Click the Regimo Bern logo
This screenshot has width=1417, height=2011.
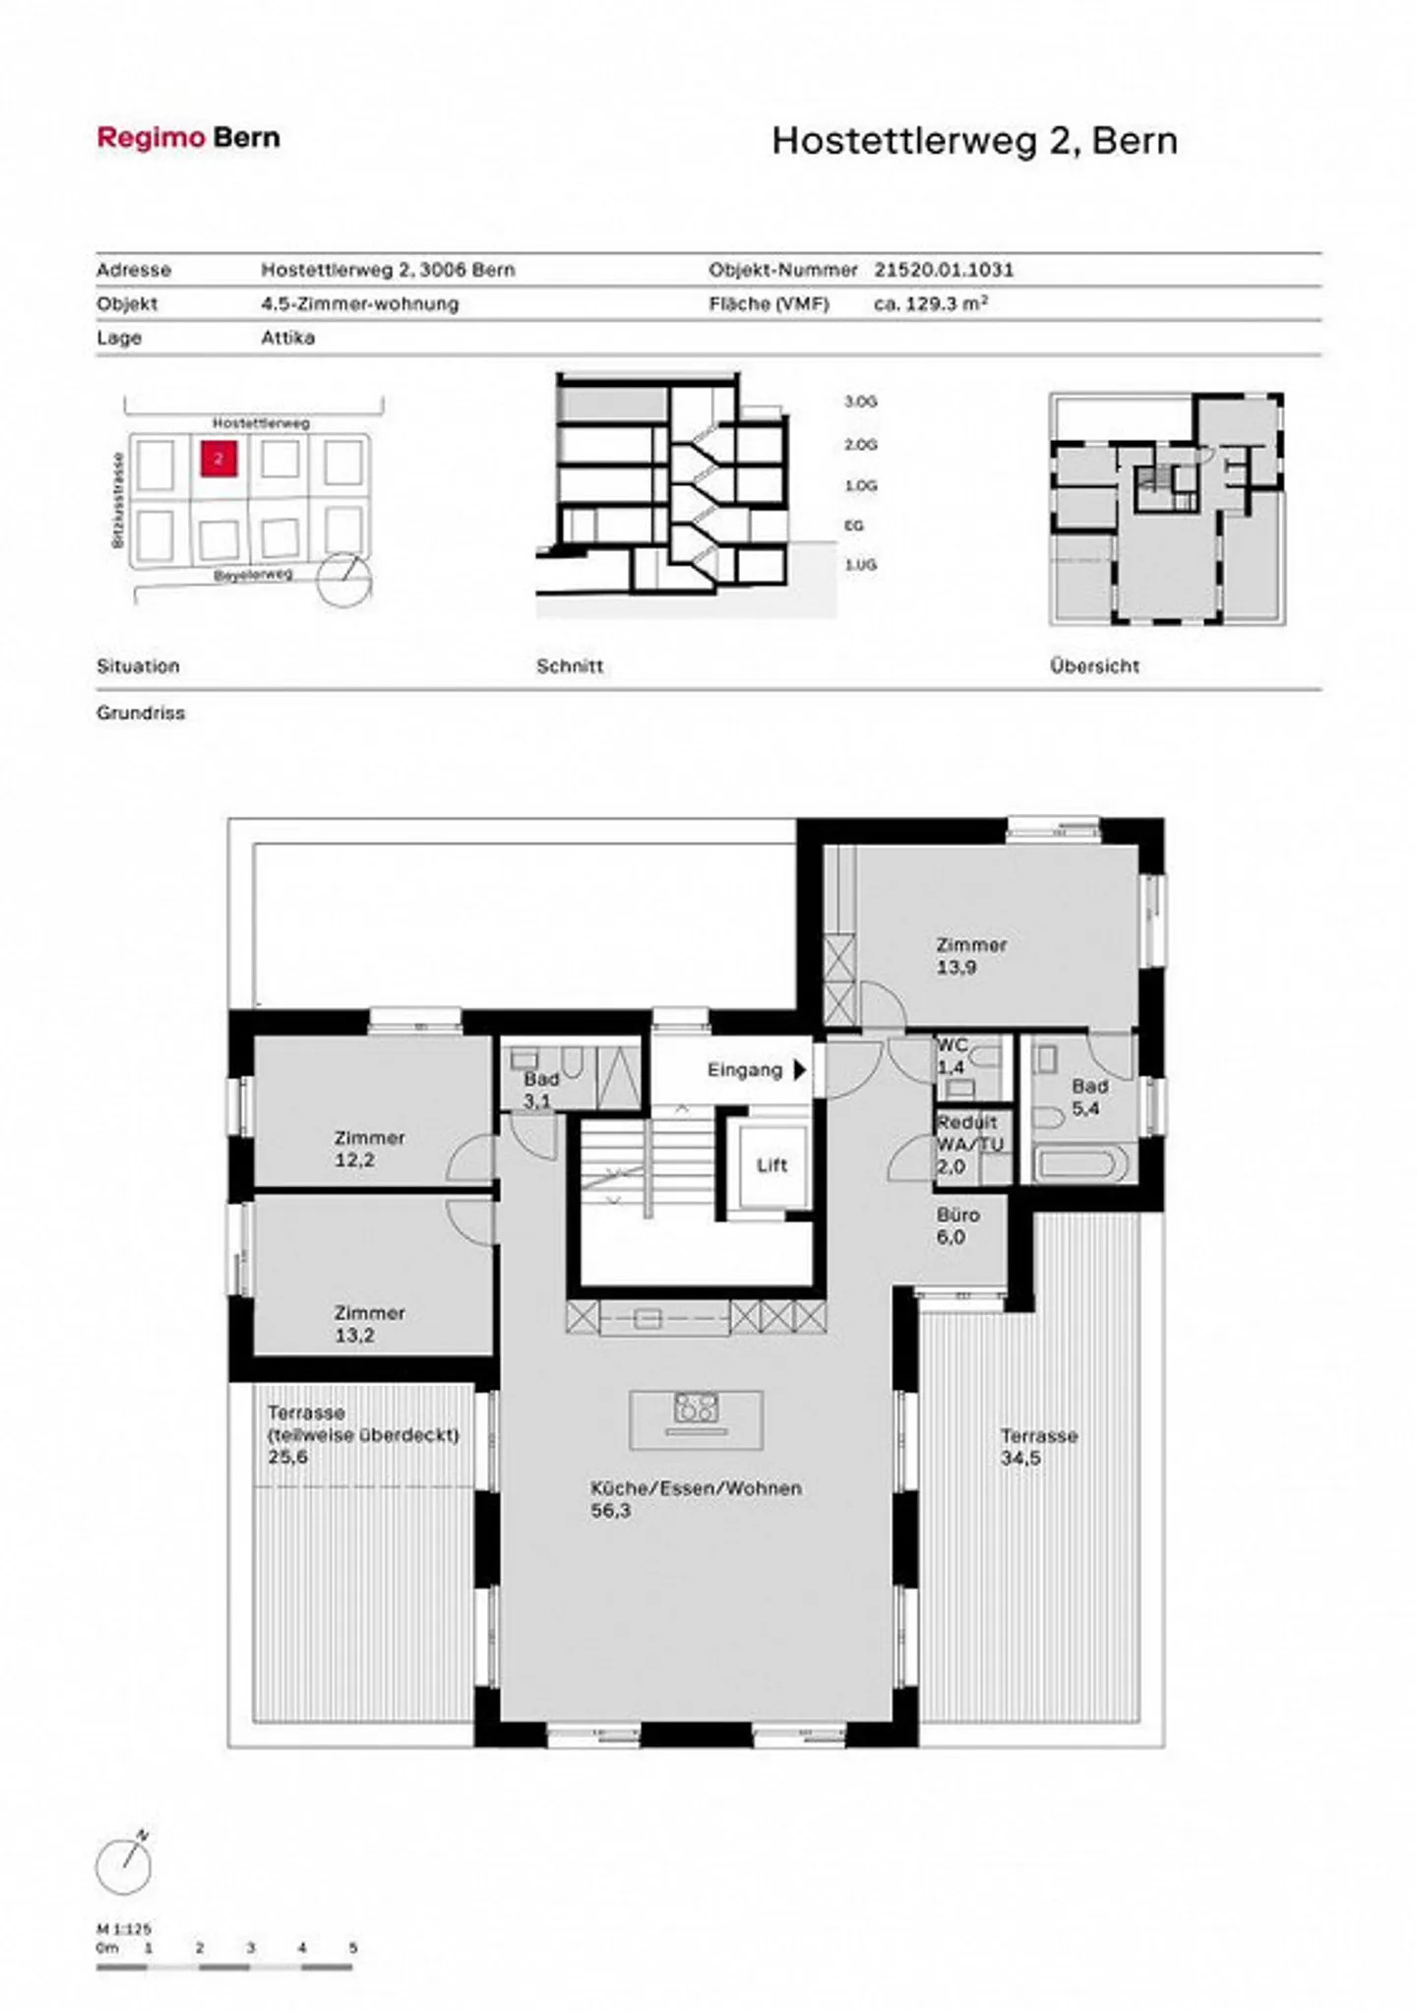(188, 138)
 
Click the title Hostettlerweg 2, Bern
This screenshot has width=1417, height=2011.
(973, 141)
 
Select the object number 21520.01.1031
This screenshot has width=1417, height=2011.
(943, 270)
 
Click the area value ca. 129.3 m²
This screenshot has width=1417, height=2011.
(930, 304)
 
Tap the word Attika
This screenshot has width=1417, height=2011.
(287, 338)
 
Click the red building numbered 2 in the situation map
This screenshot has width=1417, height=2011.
(218, 459)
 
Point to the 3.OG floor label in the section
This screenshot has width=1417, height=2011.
(859, 402)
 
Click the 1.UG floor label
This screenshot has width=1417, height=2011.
(859, 565)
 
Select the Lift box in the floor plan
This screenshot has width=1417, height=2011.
(771, 1165)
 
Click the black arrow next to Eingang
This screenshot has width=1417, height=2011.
(800, 1070)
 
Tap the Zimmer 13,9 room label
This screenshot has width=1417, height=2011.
(970, 955)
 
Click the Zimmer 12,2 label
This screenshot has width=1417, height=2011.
(368, 1148)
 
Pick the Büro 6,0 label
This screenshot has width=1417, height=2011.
(956, 1225)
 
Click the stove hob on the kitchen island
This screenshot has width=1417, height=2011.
(696, 1409)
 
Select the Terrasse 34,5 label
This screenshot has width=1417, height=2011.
(1037, 1446)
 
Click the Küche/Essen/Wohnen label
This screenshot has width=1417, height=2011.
(695, 1488)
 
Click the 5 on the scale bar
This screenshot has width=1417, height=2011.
(352, 1948)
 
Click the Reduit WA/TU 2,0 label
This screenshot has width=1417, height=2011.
(968, 1145)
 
